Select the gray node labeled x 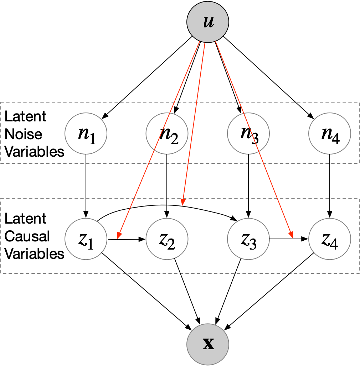point(208,344)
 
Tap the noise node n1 point(86,134)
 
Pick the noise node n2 point(167,134)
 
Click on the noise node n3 point(248,134)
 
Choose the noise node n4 point(330,134)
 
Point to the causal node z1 point(86,239)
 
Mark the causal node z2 point(167,239)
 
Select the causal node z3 point(248,239)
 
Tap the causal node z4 point(330,239)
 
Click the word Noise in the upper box point(24,134)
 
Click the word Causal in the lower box point(27,236)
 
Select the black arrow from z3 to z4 point(282,239)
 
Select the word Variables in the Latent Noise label point(34,152)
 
